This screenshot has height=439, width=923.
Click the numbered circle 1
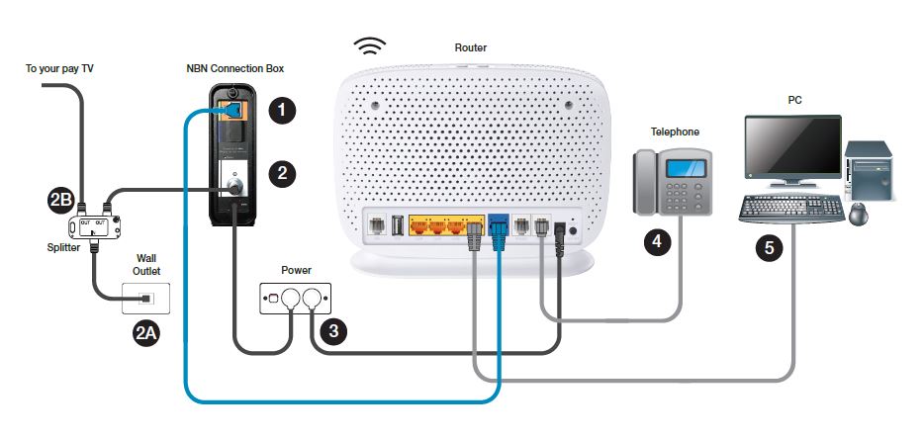(x=284, y=111)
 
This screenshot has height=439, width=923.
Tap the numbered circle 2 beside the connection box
(x=284, y=173)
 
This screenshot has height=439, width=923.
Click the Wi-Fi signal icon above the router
(x=371, y=46)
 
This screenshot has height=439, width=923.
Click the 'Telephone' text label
(x=674, y=131)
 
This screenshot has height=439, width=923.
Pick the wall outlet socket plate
(x=145, y=298)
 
